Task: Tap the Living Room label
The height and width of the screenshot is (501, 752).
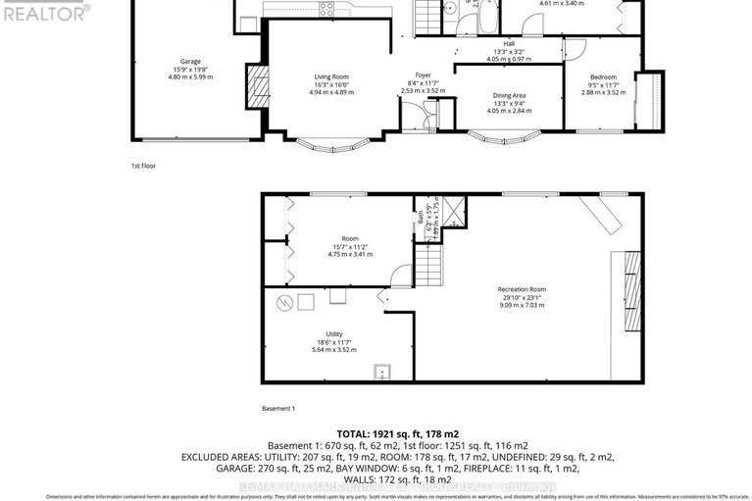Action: [x=330, y=76]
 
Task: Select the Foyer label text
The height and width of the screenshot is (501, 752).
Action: [x=423, y=74]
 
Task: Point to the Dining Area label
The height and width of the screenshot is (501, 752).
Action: [x=509, y=94]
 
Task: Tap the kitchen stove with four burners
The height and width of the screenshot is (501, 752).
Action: [x=327, y=8]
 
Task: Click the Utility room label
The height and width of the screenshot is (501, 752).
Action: [x=330, y=333]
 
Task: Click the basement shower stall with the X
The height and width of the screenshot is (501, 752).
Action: [x=453, y=213]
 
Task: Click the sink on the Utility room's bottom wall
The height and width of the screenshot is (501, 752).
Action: [x=380, y=372]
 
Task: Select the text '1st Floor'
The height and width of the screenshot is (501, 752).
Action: [x=143, y=166]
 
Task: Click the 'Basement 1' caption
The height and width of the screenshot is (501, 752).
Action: [x=277, y=408]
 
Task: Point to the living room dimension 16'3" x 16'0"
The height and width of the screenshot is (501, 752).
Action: [x=330, y=84]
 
